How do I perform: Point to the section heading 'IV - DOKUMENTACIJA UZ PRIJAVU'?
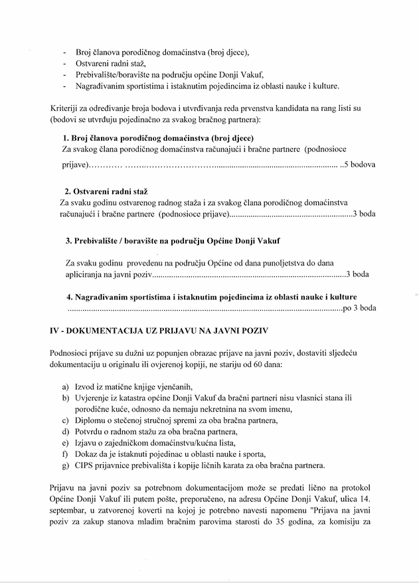[159, 329]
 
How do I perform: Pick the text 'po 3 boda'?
[359, 307]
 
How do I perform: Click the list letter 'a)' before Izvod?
[66, 387]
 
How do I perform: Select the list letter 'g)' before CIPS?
[66, 465]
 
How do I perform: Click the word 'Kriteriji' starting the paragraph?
[65, 108]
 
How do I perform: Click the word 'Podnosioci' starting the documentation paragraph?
[72, 353]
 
